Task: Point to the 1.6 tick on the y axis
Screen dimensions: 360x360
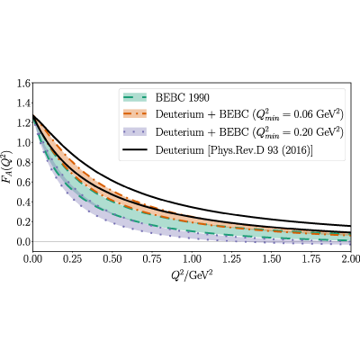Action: tap(23, 83)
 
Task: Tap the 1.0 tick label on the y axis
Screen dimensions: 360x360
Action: tap(23, 142)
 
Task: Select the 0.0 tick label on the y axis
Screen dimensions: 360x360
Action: tap(23, 241)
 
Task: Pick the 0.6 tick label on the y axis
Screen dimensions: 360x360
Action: tap(23, 182)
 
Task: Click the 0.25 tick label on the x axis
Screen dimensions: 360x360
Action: tap(72, 258)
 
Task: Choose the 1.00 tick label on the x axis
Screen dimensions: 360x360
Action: tap(192, 258)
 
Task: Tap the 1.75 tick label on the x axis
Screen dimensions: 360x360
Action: tap(311, 258)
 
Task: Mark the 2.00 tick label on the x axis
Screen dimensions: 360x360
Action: tap(350, 258)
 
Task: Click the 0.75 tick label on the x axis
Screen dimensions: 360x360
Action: tap(152, 258)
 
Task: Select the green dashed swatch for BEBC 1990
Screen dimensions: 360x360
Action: tap(135, 97)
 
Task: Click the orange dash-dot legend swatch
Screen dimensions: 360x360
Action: tap(135, 114)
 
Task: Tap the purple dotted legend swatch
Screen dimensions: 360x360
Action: tap(135, 131)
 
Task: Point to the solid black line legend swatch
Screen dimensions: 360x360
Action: tap(135, 149)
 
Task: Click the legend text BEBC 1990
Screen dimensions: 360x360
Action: tap(183, 98)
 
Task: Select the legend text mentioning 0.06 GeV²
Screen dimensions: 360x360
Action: tap(249, 114)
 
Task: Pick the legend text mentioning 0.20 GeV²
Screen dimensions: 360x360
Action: tap(249, 132)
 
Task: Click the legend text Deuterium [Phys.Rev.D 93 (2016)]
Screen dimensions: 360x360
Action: tap(234, 150)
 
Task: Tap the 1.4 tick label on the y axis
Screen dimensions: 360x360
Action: tap(23, 103)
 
